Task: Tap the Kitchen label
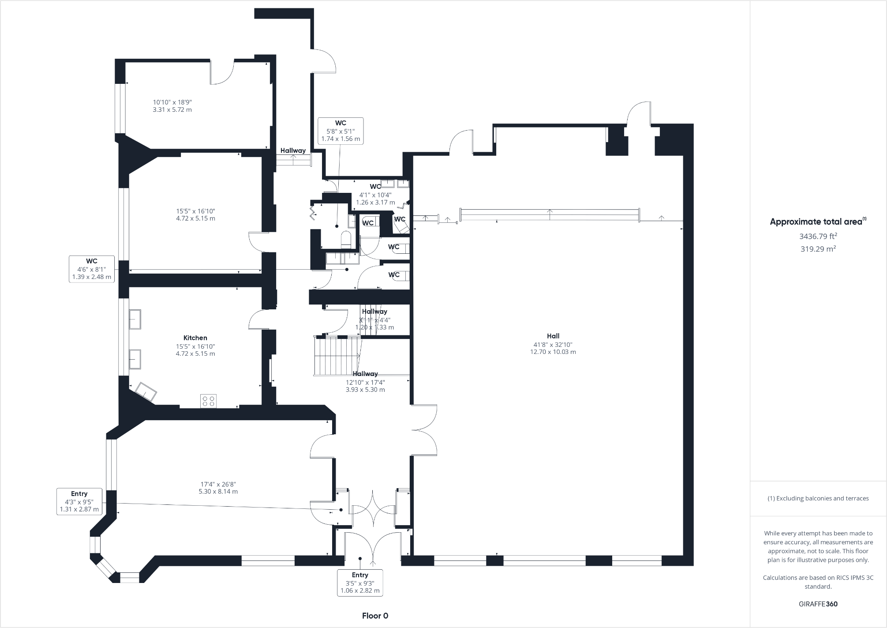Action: [195, 338]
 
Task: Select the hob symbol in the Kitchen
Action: [208, 401]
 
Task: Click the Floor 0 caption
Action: [375, 616]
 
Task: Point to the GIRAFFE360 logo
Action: [818, 604]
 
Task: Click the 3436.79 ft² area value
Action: [818, 236]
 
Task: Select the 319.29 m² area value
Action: [818, 249]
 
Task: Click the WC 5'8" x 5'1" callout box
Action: [341, 131]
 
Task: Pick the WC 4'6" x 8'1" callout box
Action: [92, 269]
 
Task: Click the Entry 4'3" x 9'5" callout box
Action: [79, 501]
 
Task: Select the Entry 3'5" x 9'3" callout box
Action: [360, 583]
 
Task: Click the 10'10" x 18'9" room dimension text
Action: [172, 105]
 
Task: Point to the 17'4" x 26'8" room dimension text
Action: [218, 488]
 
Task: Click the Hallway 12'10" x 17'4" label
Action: [365, 382]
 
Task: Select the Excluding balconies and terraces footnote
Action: [818, 498]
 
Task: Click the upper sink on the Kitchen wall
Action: [135, 319]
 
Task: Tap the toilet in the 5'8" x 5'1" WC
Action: [346, 238]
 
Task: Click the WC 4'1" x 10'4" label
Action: [375, 194]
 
